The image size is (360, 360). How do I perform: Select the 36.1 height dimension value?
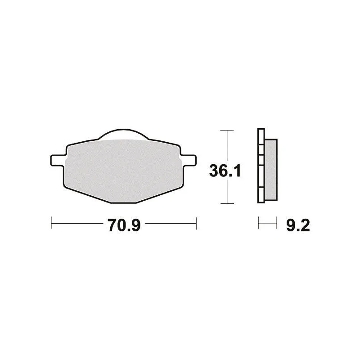point(225,171)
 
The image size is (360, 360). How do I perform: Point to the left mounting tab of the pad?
point(57,160)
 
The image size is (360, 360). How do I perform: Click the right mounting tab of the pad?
point(189,160)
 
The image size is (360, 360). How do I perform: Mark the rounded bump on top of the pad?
point(123,135)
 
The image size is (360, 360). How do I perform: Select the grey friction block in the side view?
point(271,170)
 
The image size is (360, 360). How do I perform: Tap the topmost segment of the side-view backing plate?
point(261,137)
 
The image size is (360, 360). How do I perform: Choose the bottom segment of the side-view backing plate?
point(261,195)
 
